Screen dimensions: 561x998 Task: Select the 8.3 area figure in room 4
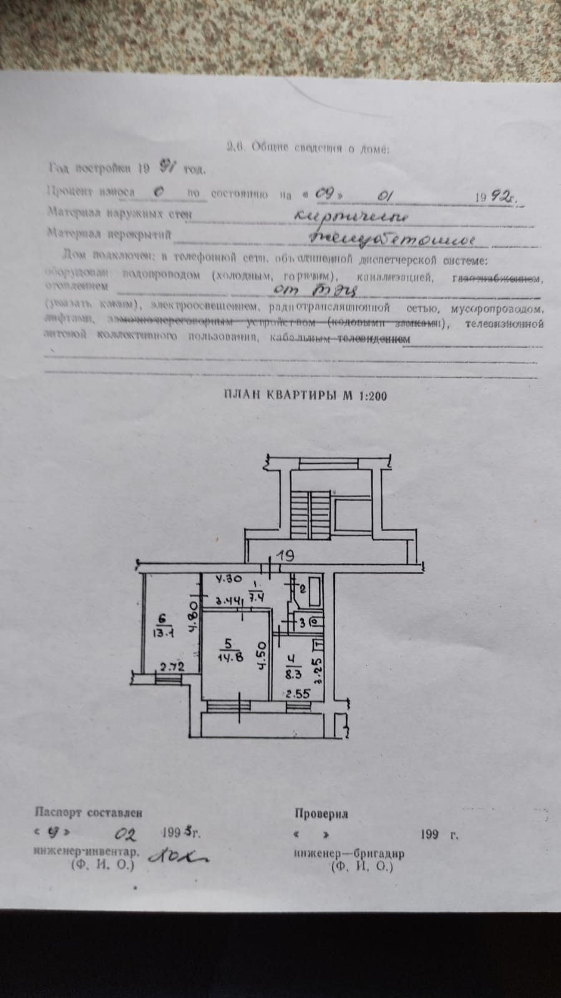(293, 673)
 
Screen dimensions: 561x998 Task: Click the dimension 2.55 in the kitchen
(297, 693)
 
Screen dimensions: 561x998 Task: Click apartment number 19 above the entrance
(285, 554)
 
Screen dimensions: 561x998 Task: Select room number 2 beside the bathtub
(303, 589)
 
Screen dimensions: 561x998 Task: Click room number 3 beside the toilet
(303, 622)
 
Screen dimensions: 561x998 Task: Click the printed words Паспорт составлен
(89, 812)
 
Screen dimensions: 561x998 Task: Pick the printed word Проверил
(321, 813)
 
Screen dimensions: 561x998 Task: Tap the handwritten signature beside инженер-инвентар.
(178, 859)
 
